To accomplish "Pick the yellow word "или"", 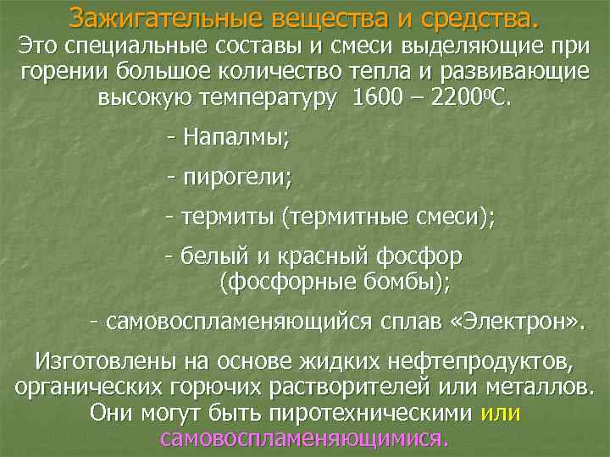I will coord(500,413).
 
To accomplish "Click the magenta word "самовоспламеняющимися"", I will coord(303,438).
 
